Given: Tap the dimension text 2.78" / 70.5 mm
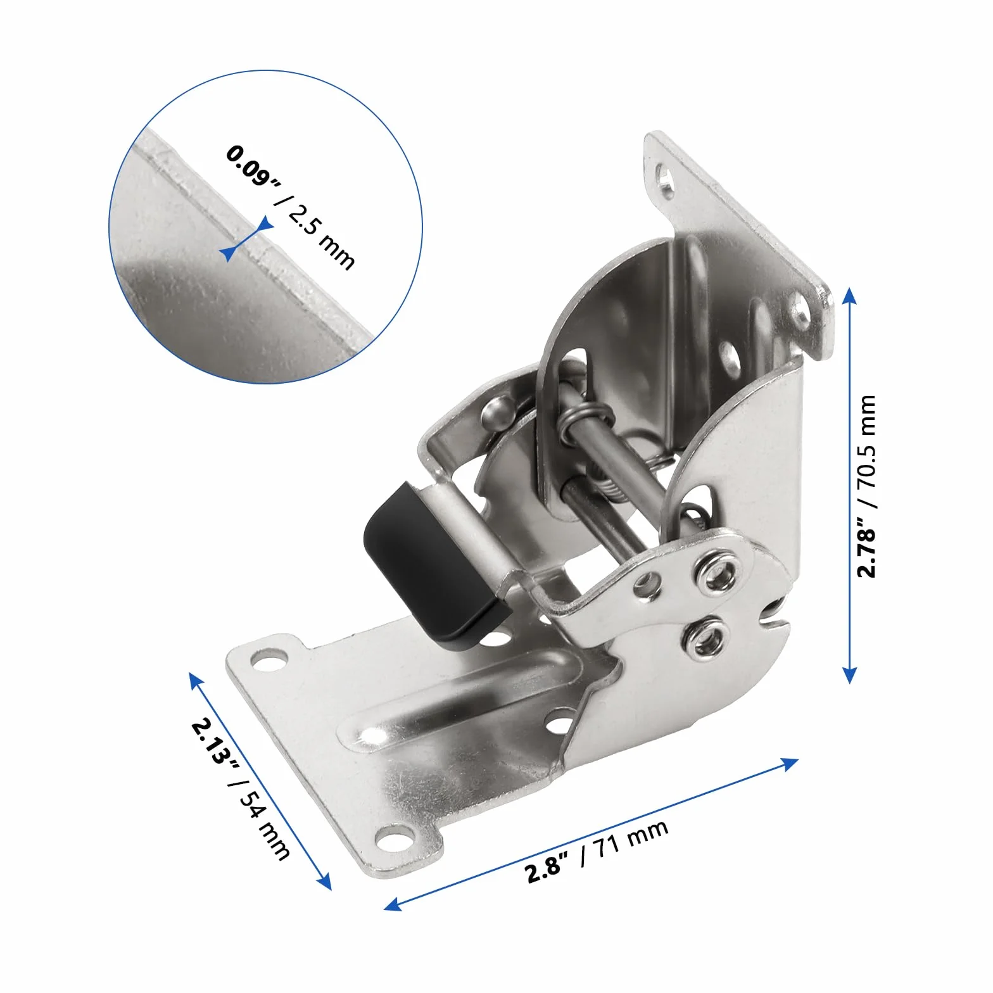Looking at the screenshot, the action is coord(866,486).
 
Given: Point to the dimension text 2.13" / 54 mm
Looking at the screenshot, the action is coord(241,788).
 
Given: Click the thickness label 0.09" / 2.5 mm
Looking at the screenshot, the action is coord(291,207).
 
